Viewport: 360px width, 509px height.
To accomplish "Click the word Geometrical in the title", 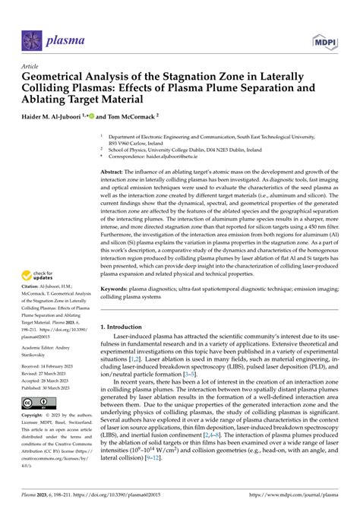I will (x=59, y=77).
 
